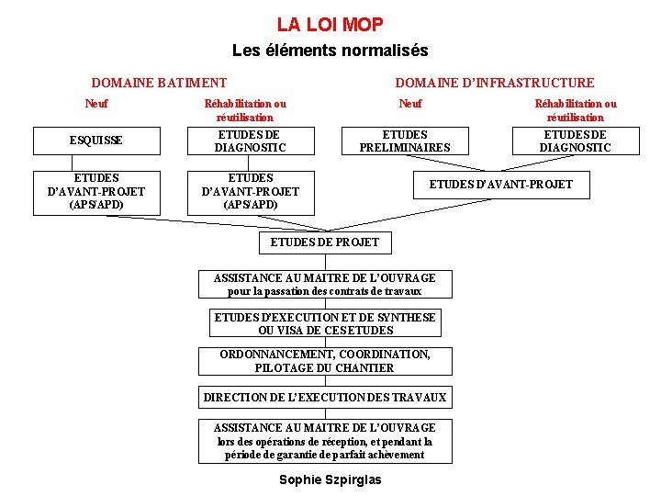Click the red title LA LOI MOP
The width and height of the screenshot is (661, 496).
tap(330, 25)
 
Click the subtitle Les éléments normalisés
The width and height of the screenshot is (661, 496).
tap(330, 51)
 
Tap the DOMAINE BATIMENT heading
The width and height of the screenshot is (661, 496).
tap(159, 83)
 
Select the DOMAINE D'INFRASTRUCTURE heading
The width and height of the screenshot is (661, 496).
tap(494, 83)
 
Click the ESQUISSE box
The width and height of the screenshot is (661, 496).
tap(95, 141)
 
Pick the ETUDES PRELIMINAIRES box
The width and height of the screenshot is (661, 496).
tap(405, 141)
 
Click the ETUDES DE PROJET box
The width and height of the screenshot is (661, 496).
tap(325, 242)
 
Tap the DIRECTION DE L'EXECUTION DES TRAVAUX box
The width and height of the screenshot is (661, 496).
tap(325, 398)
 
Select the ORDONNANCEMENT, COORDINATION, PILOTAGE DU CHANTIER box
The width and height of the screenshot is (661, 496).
tap(325, 361)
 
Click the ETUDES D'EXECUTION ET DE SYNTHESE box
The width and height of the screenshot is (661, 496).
tap(325, 323)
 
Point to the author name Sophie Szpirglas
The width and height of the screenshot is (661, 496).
tap(330, 479)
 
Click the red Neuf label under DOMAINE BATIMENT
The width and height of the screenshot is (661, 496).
tap(95, 104)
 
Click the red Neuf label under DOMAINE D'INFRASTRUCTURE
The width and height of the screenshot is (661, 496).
tap(409, 104)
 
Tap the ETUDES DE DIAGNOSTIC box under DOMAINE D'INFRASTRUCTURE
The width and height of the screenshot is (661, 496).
tap(575, 141)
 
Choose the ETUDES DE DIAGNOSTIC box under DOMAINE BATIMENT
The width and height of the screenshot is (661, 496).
tap(250, 141)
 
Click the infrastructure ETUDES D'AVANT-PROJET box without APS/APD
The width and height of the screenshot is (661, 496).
tap(500, 185)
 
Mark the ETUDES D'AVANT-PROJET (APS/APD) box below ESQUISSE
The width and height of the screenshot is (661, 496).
tap(95, 191)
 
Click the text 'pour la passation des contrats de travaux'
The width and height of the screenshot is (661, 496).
tap(325, 291)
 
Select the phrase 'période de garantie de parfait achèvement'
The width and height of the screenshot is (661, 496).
tap(325, 455)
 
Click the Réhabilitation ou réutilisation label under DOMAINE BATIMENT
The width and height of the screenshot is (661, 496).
tap(244, 110)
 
